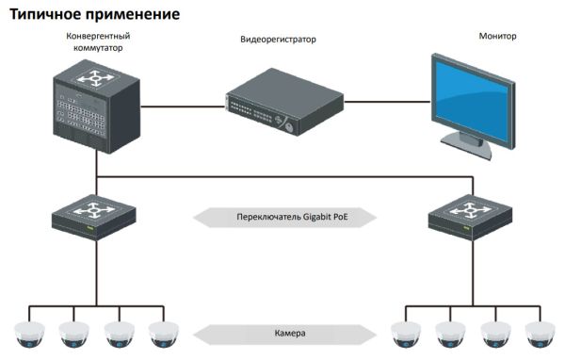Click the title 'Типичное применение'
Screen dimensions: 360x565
pos(94,16)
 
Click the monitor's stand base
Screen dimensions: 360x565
pos(468,151)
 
